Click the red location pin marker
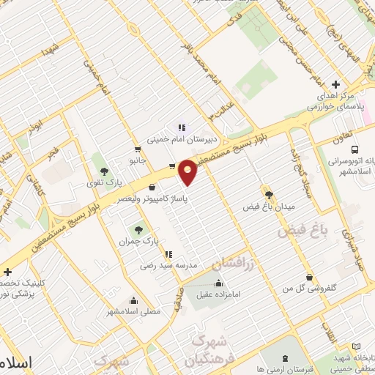188,171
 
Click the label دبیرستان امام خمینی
179,138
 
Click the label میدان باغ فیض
269,207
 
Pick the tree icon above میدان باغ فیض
269,194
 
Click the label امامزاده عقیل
218,296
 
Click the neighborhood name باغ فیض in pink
300,232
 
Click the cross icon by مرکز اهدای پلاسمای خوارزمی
335,84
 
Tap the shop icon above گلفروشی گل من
310,277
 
